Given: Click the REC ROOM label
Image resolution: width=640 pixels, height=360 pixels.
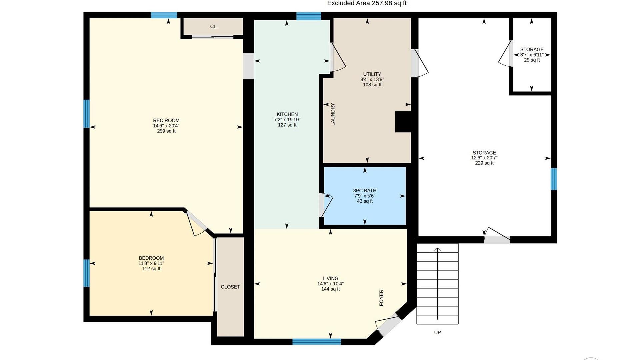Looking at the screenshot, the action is click(166, 120).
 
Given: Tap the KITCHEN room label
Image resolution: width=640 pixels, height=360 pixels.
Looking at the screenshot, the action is click(287, 114).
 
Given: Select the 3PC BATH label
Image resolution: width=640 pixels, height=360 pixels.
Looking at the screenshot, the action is click(365, 191).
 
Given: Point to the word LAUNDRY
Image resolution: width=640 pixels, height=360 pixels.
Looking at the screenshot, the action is click(333, 114).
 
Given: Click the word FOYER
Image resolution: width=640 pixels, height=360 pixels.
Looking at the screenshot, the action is click(381, 298).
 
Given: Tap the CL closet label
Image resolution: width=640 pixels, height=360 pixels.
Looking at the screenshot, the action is click(213, 27).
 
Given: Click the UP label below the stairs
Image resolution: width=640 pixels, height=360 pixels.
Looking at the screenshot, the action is click(437, 332).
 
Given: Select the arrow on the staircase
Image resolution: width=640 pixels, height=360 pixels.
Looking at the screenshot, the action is click(437, 283).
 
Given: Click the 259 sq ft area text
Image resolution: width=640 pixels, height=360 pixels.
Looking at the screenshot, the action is click(166, 131).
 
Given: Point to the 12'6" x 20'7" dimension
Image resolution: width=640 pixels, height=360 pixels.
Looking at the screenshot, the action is click(484, 158).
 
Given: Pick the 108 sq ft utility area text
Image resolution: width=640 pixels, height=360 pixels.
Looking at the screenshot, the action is click(372, 85).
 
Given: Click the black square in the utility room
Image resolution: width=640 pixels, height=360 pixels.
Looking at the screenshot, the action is click(403, 122).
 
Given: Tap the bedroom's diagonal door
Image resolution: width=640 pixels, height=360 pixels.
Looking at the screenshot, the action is click(197, 223).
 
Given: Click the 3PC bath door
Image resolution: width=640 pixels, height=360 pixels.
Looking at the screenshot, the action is click(326, 205).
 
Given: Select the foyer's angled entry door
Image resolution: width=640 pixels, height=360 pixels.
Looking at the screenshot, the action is click(387, 325).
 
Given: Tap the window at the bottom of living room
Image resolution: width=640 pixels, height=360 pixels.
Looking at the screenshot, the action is click(317, 341).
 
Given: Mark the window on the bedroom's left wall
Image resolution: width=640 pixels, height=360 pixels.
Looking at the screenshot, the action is click(86, 273).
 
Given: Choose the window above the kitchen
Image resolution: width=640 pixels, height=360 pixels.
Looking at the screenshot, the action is click(309, 16).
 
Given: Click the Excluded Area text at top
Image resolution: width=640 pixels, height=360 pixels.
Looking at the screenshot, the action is click(367, 3).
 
